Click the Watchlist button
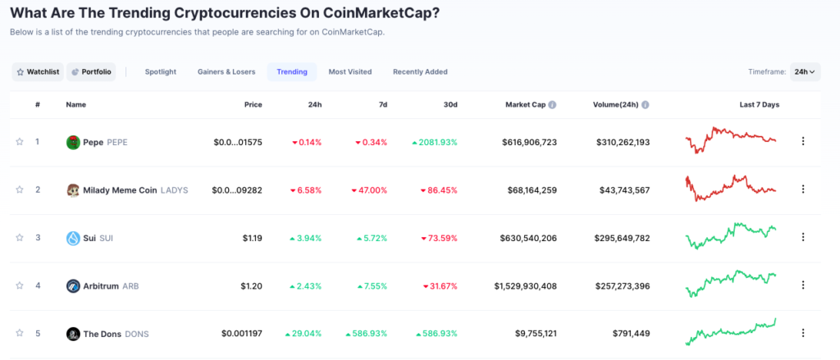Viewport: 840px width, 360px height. [37, 72]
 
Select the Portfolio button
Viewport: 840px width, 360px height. [91, 72]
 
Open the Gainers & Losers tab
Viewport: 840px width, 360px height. [226, 72]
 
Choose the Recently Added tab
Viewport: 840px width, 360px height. [420, 72]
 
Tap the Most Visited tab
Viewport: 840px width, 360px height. [350, 72]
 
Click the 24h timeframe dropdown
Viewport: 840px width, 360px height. [805, 72]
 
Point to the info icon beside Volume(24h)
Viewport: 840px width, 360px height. [646, 105]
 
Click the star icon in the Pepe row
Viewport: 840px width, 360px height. [20, 142]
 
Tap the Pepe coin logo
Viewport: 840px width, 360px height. [73, 142]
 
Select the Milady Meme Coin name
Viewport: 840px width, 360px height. [120, 190]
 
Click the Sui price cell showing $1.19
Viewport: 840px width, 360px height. [252, 238]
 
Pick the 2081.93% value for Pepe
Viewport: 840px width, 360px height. [435, 142]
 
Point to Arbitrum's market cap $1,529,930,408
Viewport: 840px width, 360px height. [526, 286]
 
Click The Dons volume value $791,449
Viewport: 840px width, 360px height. [631, 334]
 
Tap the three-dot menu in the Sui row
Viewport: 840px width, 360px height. [803, 238]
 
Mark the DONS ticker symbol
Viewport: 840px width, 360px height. [136, 334]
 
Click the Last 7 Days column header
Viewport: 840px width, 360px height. [759, 105]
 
